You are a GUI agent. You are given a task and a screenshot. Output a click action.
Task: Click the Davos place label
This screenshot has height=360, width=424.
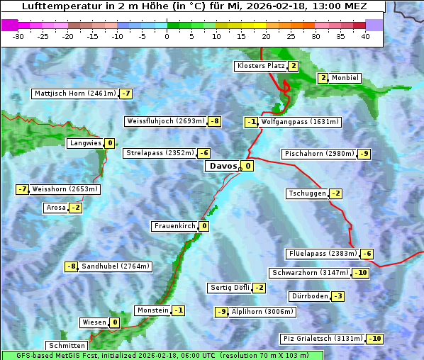[223, 167]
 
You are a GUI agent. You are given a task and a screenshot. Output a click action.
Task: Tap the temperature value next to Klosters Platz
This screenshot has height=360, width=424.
[293, 66]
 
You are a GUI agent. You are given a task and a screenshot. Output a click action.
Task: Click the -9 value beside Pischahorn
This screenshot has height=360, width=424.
[364, 154]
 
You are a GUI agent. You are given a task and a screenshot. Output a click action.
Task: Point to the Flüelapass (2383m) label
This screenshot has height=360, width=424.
[322, 254]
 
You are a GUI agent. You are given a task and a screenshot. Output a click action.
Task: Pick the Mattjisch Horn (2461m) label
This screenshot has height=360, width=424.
[74, 94]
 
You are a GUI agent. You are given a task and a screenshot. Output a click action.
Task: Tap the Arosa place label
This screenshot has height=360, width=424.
[55, 208]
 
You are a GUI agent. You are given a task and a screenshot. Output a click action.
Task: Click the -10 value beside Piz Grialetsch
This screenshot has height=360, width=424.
[374, 339]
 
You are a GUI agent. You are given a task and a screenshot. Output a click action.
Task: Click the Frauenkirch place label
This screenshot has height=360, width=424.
[174, 226]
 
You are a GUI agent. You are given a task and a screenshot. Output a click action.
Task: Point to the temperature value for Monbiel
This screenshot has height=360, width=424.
[323, 78]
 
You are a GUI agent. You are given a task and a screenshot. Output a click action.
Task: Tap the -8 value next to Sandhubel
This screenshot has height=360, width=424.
[71, 266]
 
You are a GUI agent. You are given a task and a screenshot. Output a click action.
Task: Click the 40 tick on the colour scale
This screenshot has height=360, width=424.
[365, 36]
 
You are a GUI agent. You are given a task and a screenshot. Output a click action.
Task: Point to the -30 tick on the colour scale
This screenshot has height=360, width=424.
[19, 36]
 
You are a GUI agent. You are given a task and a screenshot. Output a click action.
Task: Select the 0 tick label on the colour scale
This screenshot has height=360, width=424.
[167, 36]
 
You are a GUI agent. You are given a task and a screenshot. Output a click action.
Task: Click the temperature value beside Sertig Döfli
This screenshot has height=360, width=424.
[259, 288]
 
